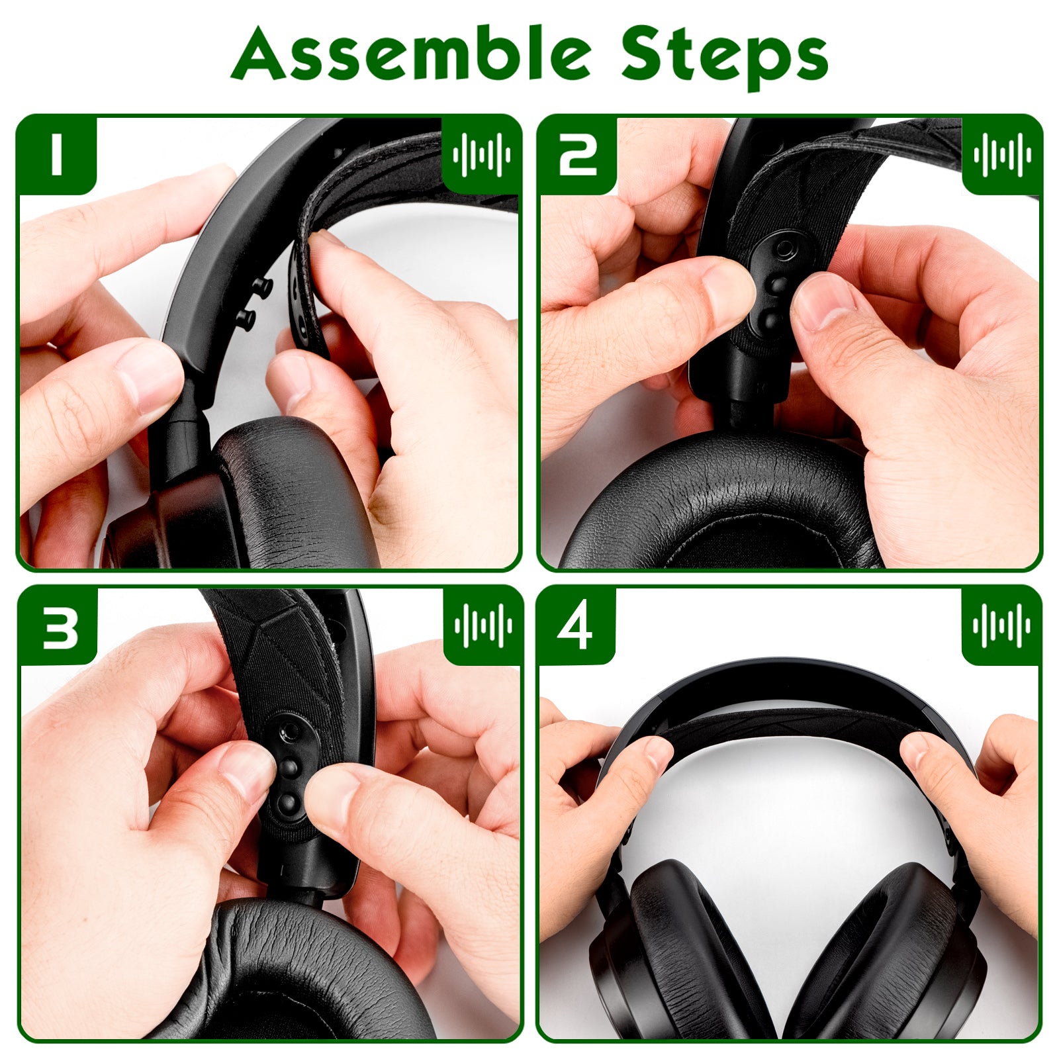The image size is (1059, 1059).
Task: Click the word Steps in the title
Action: [725, 58]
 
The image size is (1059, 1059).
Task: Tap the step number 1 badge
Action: [56, 155]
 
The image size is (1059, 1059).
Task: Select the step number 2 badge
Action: [577, 155]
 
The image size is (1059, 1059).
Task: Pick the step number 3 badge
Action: [58, 625]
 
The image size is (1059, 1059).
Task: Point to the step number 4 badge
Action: [576, 625]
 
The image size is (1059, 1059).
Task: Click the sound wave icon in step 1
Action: [482, 155]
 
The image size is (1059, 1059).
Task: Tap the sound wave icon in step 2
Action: [1002, 155]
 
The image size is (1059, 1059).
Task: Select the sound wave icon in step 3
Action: [483, 625]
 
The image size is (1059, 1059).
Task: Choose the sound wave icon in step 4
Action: [1001, 625]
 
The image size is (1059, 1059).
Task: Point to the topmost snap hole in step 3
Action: [289, 731]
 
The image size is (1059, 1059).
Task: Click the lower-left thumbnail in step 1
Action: [149, 377]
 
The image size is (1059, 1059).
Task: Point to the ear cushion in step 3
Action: [291, 973]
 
